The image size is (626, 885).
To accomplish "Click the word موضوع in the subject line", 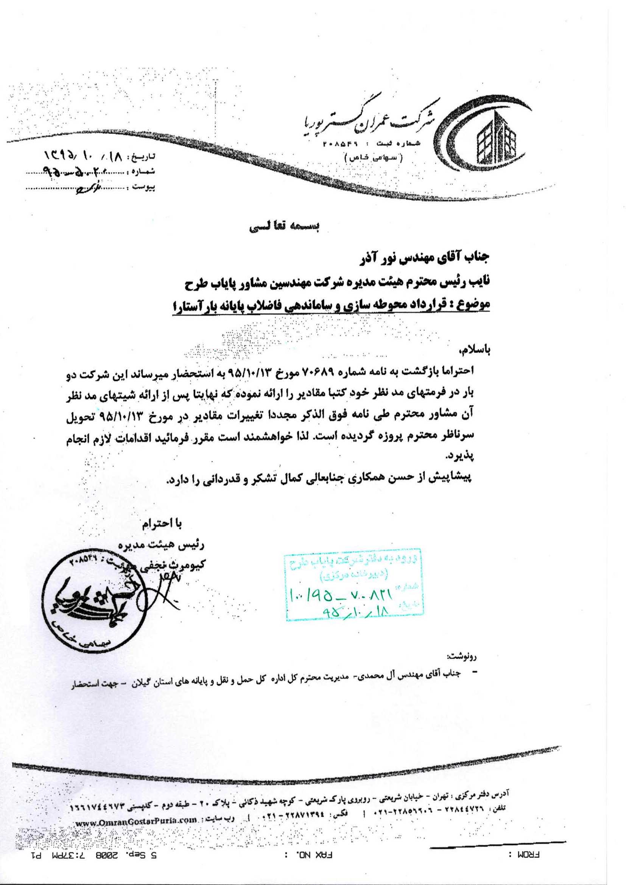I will [475, 304].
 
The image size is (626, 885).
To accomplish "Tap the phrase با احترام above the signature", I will [162, 524].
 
